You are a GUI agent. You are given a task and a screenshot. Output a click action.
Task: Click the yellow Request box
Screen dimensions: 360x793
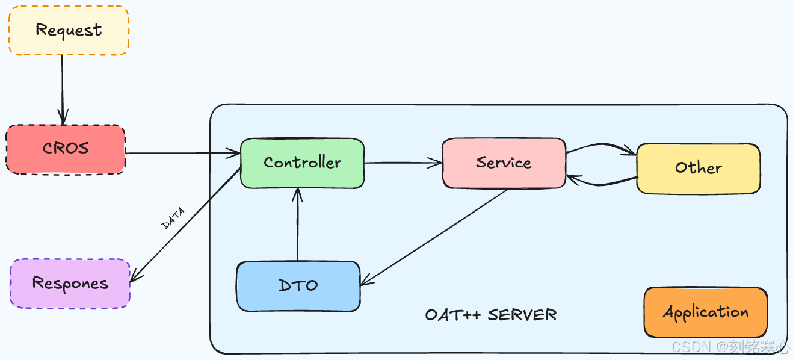(68, 30)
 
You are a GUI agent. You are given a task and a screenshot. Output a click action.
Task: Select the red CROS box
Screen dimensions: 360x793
(66, 149)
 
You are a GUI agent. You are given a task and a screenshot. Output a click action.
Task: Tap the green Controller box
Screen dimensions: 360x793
(302, 163)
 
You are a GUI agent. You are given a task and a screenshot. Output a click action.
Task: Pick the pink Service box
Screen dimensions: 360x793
(504, 163)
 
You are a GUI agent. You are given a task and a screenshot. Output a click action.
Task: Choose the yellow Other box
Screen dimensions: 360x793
(698, 169)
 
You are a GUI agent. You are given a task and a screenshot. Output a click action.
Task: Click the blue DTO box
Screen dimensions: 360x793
(298, 286)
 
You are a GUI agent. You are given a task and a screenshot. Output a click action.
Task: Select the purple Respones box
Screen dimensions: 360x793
(70, 284)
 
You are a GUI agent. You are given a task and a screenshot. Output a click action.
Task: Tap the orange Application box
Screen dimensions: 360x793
(705, 312)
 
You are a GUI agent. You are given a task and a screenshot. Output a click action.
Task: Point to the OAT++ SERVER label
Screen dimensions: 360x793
(490, 315)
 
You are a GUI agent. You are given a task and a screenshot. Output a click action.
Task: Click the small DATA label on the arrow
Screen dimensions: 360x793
(173, 218)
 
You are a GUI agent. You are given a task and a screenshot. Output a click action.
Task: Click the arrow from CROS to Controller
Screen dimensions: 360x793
(181, 154)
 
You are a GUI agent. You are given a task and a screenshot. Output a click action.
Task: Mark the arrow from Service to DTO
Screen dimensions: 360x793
(433, 237)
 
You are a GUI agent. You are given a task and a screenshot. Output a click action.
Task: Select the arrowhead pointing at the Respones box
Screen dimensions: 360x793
(135, 276)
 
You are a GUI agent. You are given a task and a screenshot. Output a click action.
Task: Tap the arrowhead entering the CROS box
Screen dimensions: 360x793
(63, 119)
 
